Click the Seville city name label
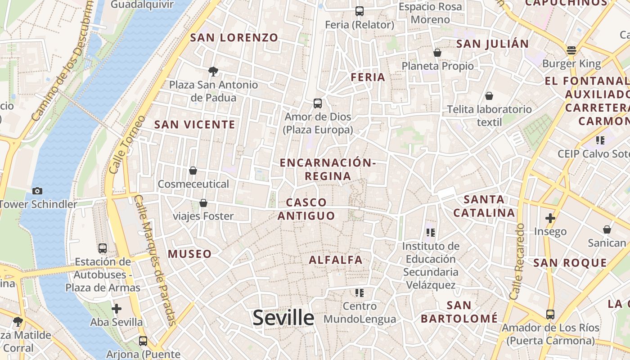pos(283,318)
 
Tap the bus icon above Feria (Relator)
pos(359,11)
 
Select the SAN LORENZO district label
pos(234,38)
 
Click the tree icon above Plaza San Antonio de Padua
pos(213,71)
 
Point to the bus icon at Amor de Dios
pos(318,103)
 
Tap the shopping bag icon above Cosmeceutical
pos(193,171)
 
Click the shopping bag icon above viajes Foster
pos(203,203)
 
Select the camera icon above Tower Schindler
pos(37,191)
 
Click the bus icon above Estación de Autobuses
pos(103,248)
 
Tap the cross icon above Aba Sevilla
pos(117,309)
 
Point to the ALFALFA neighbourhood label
pos(336,260)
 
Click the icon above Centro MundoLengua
pos(359,293)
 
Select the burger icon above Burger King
pos(571,50)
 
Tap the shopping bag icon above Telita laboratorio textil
pos(489,96)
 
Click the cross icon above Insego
pos(550,218)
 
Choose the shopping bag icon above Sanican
pos(607,229)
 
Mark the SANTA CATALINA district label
pos(484,206)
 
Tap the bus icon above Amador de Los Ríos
pos(550,314)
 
